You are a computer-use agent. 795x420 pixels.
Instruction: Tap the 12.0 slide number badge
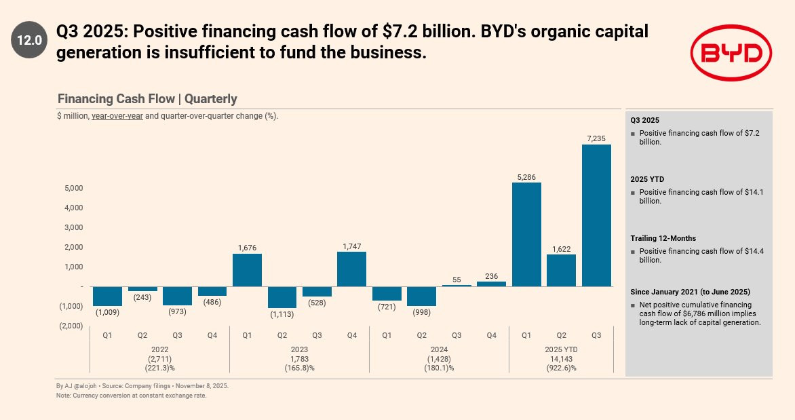pos(29,40)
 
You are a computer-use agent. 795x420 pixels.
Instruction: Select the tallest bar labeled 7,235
pos(596,215)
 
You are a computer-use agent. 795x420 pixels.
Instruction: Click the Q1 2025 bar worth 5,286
pos(526,234)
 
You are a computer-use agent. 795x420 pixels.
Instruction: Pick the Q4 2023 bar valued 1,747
pos(351,269)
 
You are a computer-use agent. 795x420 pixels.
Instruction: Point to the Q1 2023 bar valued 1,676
pos(247,269)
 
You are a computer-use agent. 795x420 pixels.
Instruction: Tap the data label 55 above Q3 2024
pos(457,280)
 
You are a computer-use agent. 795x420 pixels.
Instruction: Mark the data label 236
pos(491,276)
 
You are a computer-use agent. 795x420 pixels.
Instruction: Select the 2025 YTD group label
pos(561,349)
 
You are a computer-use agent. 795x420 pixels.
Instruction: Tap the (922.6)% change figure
pos(561,368)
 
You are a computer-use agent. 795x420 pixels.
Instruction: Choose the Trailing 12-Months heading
pos(663,238)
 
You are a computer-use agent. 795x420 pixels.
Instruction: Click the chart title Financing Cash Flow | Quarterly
pos(147,99)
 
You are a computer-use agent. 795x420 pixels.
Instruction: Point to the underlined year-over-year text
pos(117,116)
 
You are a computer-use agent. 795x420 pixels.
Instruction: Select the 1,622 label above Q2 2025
pos(561,249)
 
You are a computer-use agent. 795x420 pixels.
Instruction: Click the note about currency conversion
pos(131,396)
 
